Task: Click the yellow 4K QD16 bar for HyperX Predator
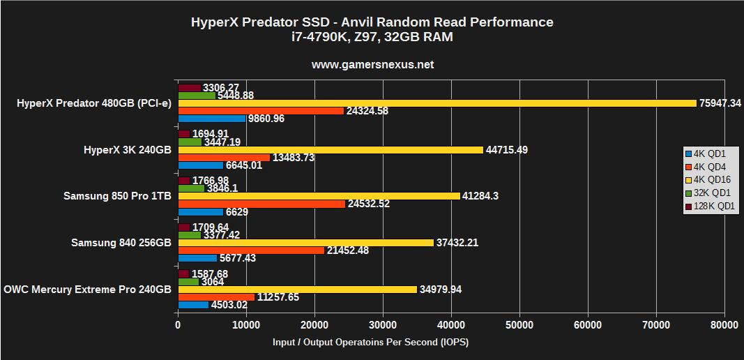point(437,103)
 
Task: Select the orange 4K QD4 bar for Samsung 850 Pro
point(261,204)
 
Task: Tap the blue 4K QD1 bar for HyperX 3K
point(201,165)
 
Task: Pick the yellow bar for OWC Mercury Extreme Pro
point(298,289)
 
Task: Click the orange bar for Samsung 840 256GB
point(251,250)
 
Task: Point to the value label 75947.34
point(720,103)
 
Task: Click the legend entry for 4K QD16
point(711,179)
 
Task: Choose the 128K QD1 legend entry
point(711,206)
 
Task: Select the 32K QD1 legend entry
point(711,193)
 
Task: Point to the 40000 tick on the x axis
point(451,325)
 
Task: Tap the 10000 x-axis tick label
point(246,325)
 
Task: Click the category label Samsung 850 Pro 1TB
point(117,196)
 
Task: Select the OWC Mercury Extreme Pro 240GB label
point(87,289)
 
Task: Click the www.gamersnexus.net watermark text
point(372,64)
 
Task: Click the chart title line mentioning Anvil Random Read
point(372,22)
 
